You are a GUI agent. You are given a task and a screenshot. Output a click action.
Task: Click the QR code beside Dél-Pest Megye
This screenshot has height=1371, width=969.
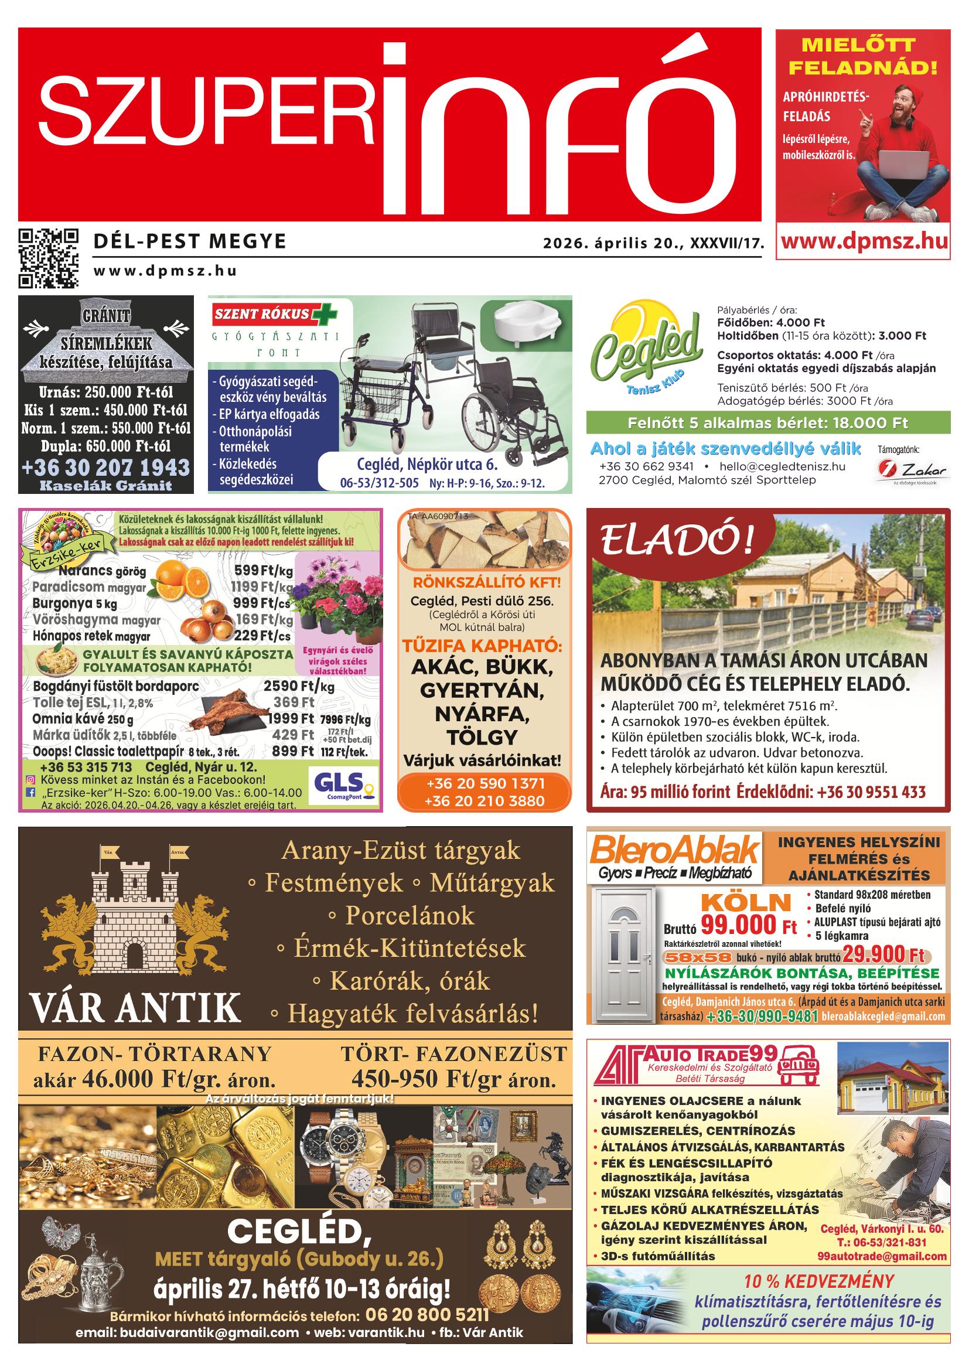(49, 258)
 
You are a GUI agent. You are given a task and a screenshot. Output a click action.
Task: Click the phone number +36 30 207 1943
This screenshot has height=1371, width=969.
(105, 467)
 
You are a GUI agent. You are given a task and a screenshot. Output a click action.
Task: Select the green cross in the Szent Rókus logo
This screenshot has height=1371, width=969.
(326, 313)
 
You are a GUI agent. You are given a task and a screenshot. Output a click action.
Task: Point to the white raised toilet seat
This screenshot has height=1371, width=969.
(526, 321)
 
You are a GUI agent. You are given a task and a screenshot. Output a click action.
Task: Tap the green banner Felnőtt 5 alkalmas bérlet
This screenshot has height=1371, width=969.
(767, 423)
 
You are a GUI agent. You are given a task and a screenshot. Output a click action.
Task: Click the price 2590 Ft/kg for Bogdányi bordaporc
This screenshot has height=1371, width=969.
(299, 686)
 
